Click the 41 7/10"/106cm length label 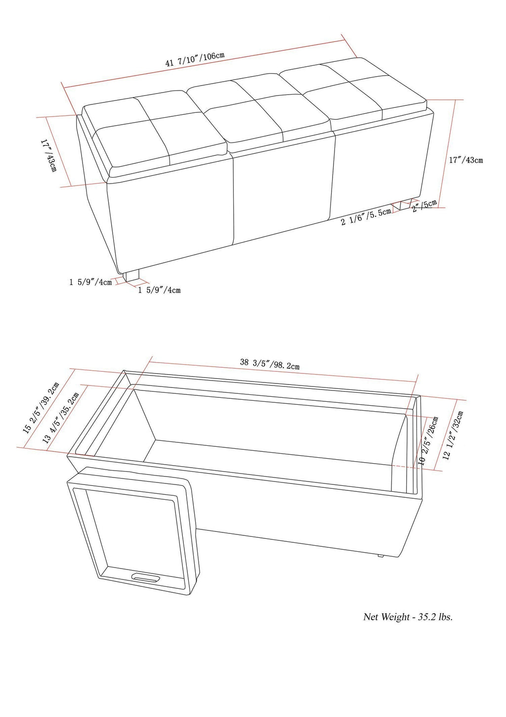point(195,59)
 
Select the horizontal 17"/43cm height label point(465,160)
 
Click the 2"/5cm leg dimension point(424,206)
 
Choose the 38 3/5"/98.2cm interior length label point(269,364)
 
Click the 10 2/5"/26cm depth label point(428,440)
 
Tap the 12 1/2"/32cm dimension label point(453,435)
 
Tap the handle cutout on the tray point(145,577)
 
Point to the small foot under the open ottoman point(380,556)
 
